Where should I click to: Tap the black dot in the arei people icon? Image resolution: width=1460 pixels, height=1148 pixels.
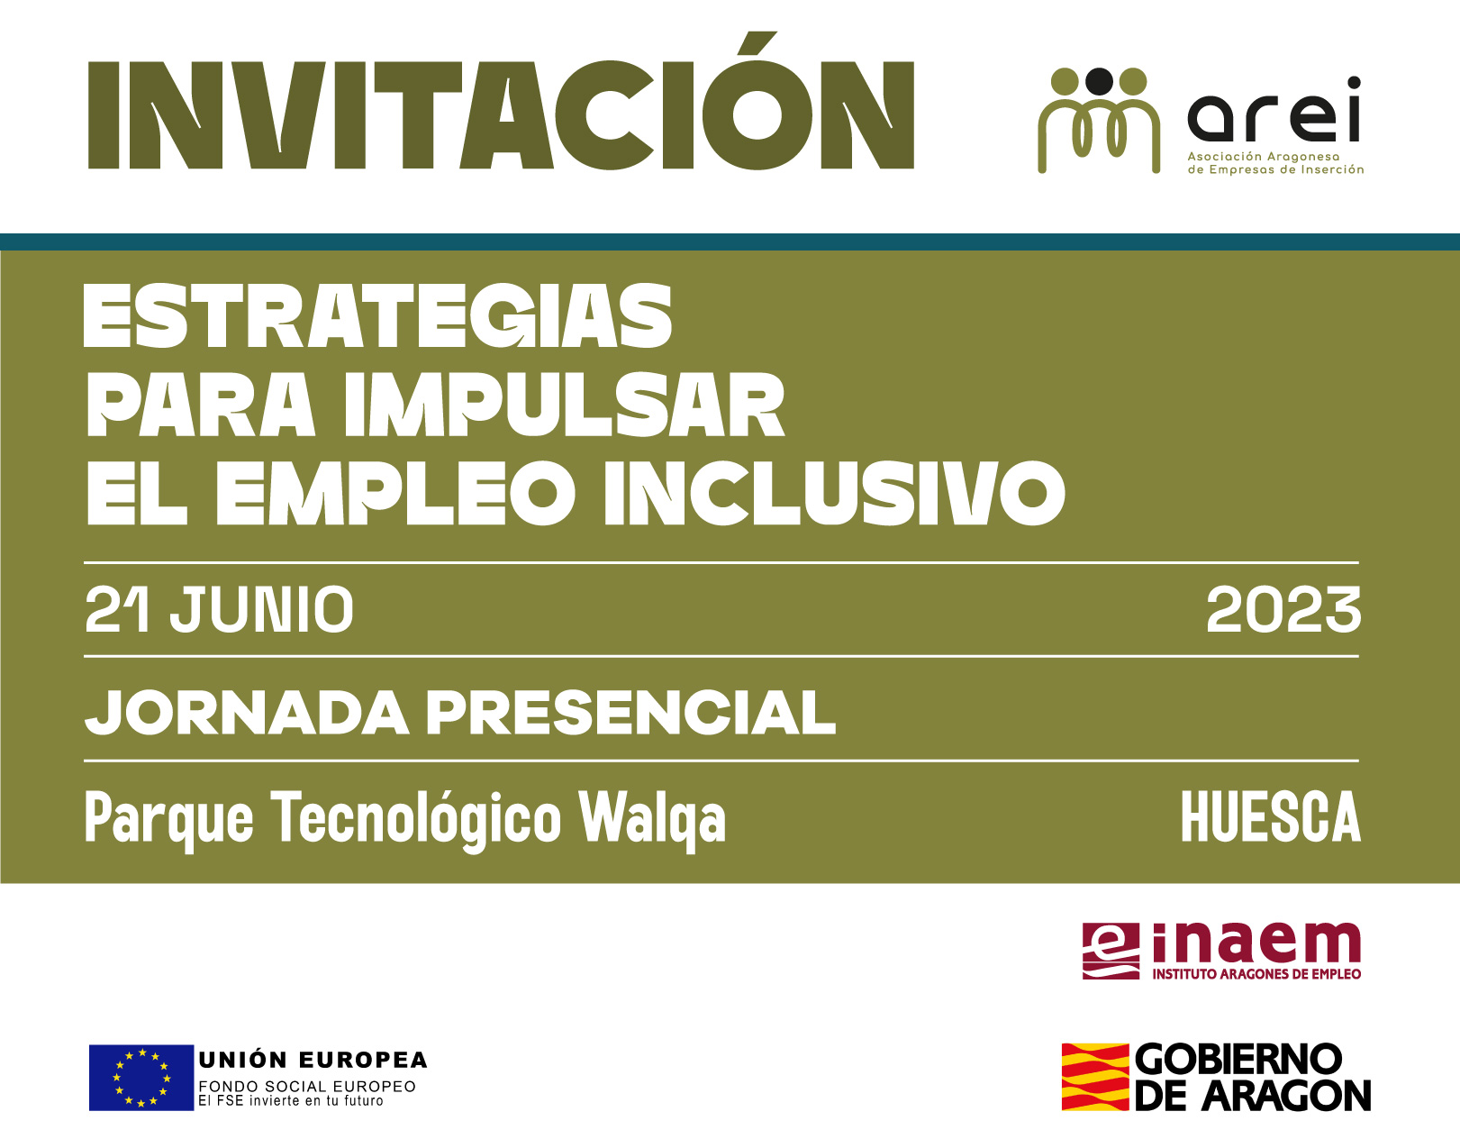1099,81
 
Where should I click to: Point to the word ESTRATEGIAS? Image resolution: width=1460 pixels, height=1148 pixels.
377,315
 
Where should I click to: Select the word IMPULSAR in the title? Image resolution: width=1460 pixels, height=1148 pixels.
565,404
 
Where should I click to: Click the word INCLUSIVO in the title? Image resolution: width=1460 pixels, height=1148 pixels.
835,493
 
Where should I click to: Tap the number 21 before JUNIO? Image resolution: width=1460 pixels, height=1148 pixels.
117,609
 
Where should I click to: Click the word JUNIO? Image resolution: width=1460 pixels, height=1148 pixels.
262,609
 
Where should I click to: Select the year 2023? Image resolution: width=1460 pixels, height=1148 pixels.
1283,609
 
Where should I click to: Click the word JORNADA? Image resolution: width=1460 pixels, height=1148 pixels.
247,713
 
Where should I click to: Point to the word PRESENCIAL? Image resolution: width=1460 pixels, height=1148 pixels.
630,713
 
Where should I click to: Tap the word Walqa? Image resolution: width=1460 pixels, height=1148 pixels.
653,820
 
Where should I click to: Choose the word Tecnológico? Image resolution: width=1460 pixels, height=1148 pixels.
416,820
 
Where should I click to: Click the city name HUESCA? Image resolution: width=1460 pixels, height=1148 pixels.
1271,816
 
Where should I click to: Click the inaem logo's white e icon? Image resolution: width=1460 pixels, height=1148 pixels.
1111,951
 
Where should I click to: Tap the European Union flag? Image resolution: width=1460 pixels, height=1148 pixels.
141,1078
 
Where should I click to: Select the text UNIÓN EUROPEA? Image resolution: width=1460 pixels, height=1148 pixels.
313,1060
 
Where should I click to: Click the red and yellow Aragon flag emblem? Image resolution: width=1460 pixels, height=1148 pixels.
1094,1077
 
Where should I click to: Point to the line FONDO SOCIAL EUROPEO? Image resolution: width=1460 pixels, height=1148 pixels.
307,1086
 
